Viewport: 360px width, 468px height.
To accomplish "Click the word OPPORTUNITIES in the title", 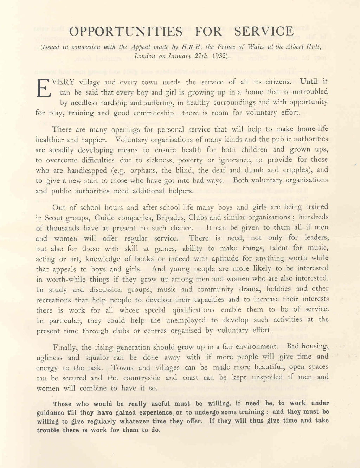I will [x=126, y=32].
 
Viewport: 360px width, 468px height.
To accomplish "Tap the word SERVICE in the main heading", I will [x=264, y=32].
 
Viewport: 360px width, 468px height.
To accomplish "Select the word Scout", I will [x=55, y=218].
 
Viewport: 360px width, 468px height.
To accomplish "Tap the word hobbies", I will [x=278, y=289].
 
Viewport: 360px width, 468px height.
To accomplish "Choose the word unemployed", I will [x=186, y=320].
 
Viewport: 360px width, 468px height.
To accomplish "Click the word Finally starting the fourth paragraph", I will [x=65, y=348].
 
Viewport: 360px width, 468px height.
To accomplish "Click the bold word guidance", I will [x=51, y=412].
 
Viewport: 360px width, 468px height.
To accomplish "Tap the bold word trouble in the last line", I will [x=48, y=430].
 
